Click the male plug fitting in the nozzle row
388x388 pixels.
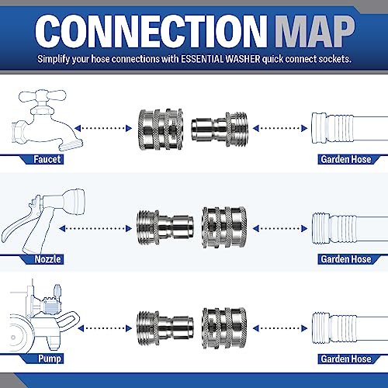coord(161,223)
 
